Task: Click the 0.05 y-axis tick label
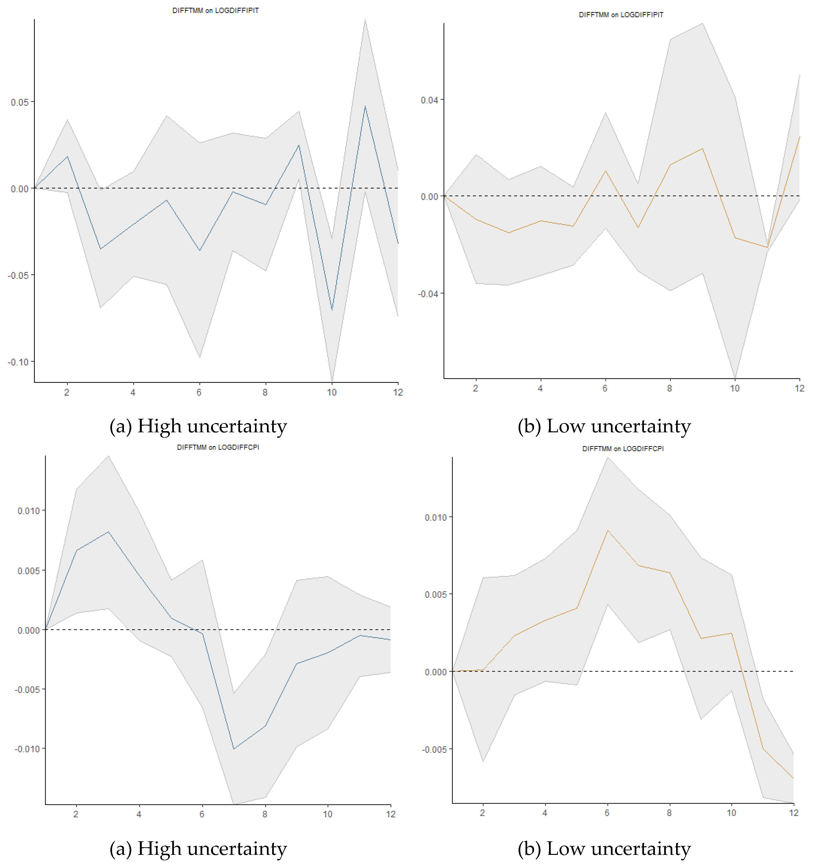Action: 20,102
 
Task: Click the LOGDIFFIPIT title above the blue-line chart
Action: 216,10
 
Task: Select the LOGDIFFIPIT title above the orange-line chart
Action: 621,15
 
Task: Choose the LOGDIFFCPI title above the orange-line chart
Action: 623,449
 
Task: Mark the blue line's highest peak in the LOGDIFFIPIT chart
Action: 365,106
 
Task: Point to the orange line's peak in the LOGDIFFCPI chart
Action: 607,530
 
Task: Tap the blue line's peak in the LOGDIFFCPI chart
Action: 108,532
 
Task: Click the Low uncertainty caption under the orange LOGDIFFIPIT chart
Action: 604,426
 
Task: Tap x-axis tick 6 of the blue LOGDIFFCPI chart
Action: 202,814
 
